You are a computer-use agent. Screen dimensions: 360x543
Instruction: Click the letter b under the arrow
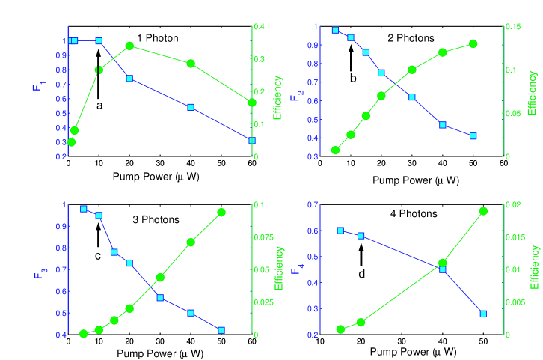(353, 77)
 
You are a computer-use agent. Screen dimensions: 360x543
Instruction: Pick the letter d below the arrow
(361, 273)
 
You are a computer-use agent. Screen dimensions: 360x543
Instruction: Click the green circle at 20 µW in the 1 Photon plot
(129, 46)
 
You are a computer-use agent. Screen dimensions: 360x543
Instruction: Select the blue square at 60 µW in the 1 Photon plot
(252, 140)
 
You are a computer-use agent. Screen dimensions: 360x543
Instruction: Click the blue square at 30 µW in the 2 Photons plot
(412, 97)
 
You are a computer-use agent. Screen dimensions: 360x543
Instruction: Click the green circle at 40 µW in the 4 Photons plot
(443, 263)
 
